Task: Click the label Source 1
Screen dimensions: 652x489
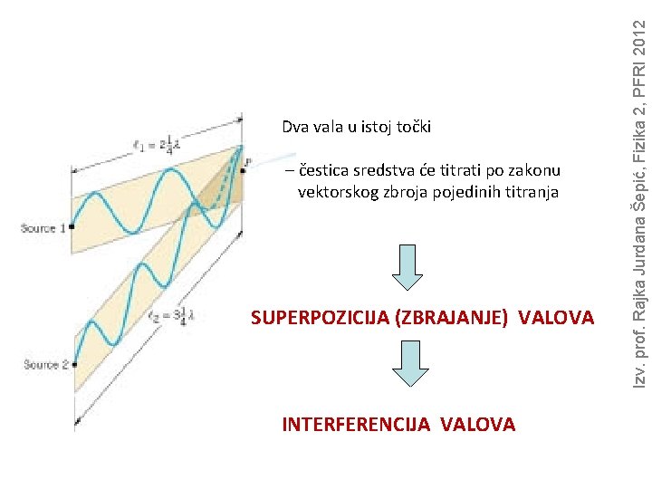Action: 43,229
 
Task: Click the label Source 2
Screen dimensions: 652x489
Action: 46,365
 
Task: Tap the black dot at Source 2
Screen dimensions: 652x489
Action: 74,365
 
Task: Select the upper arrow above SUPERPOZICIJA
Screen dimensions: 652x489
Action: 407,263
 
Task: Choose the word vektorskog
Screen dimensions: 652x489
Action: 340,192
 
